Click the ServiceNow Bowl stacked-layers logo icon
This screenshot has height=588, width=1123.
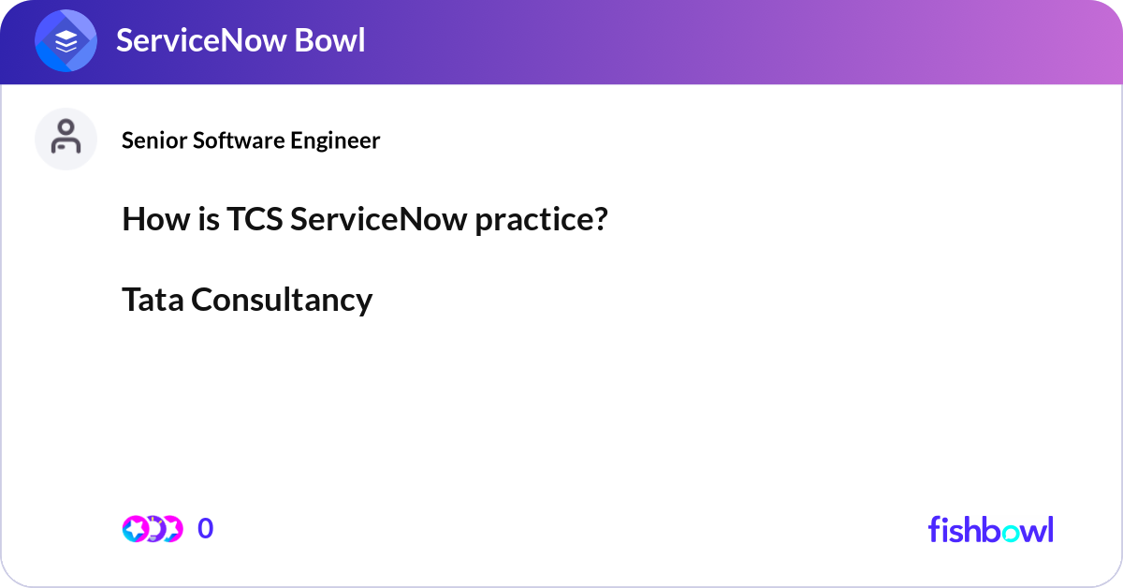[x=66, y=42]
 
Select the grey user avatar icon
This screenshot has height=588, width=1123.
[x=66, y=139]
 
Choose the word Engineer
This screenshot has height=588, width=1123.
[x=335, y=140]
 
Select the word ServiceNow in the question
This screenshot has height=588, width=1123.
[x=378, y=220]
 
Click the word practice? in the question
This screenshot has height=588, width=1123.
[x=541, y=220]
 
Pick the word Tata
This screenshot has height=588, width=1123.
[x=153, y=300]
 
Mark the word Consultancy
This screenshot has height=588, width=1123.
[x=282, y=300]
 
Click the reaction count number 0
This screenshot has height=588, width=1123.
[x=205, y=529]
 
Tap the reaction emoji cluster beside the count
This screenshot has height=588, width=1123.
[x=152, y=529]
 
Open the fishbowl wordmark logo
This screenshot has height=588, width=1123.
[x=990, y=529]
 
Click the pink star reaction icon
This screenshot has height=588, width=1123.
[x=136, y=529]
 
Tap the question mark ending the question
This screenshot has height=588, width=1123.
[x=601, y=220]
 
